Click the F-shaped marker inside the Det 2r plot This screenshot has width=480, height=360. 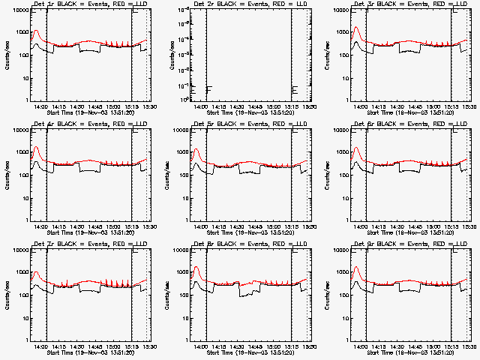click(x=208, y=91)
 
